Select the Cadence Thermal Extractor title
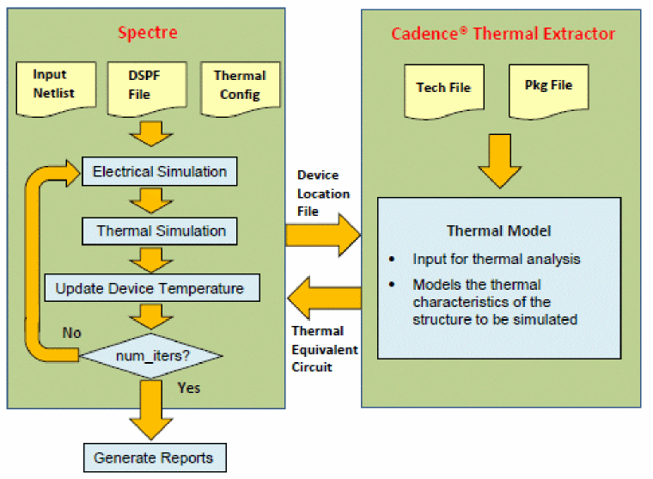503,34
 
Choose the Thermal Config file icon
235,85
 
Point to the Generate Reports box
155,456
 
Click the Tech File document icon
442,88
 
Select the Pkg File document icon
547,87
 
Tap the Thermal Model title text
498,230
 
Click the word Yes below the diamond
188,388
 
